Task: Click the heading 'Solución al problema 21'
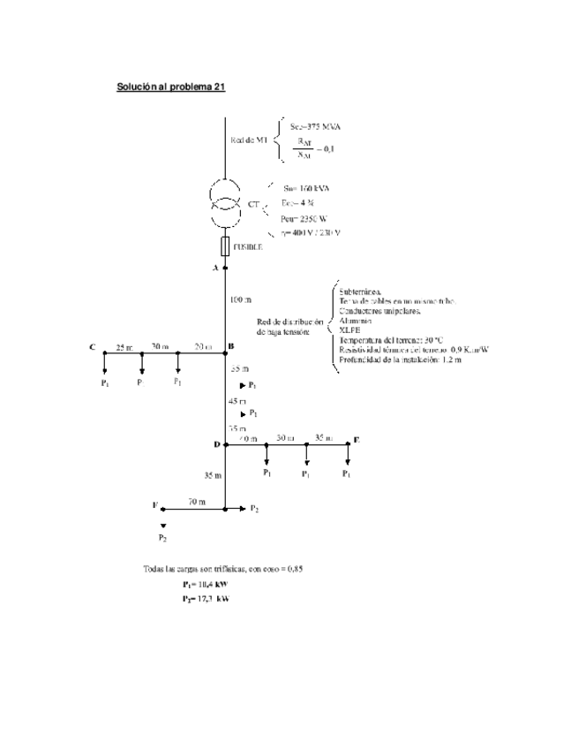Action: click(171, 87)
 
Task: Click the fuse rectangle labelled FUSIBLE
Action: click(225, 246)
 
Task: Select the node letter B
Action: click(230, 345)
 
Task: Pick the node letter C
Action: click(92, 345)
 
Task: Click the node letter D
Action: click(216, 443)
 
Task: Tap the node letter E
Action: click(357, 439)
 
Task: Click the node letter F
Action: click(154, 506)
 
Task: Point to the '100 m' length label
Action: click(240, 300)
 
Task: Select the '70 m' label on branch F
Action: click(196, 502)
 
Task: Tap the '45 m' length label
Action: click(238, 400)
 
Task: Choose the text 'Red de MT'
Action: click(249, 140)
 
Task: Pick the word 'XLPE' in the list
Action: click(349, 329)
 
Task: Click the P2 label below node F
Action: click(163, 537)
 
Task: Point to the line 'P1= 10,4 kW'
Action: click(206, 585)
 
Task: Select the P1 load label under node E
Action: click(348, 474)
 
